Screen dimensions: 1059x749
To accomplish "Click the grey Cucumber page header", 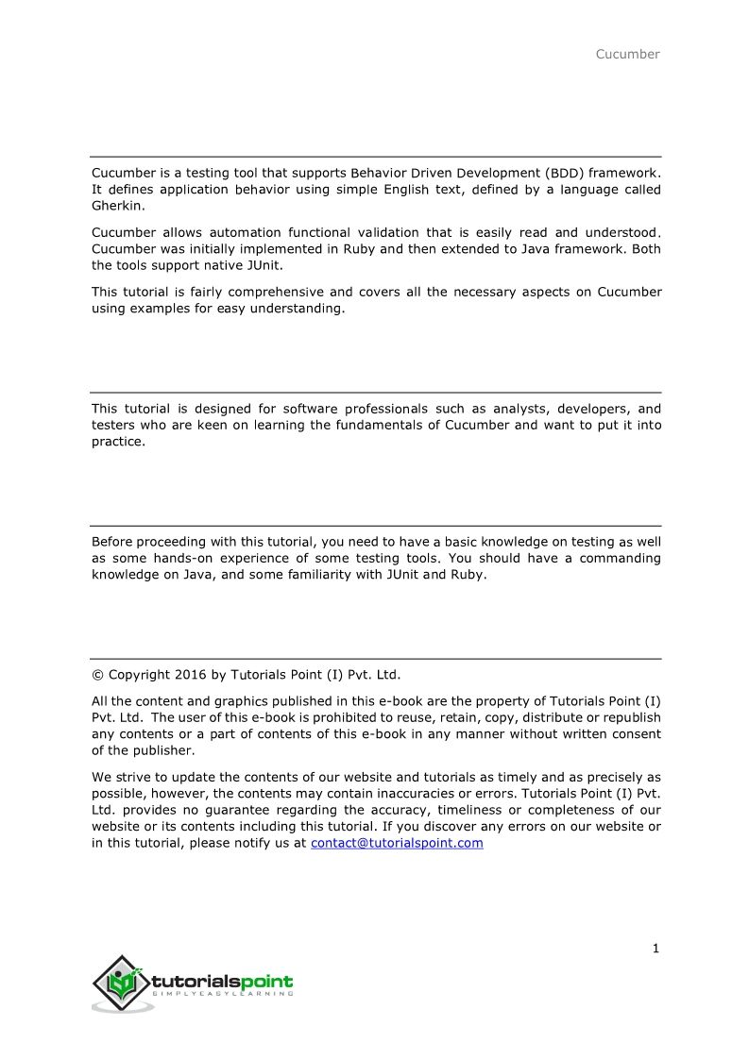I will point(627,54).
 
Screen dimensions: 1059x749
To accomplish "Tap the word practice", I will point(118,441).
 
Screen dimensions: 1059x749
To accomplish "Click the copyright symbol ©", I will point(97,674).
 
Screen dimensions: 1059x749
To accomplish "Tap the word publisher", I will point(166,750).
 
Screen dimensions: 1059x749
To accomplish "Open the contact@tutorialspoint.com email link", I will point(397,843).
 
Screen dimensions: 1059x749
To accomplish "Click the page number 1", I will point(655,949).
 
